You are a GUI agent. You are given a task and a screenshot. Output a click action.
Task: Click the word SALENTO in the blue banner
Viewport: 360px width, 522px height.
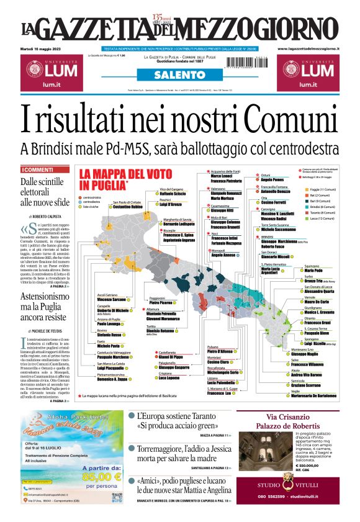click(x=179, y=74)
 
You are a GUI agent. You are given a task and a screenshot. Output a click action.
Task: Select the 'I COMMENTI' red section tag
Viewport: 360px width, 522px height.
click(x=38, y=169)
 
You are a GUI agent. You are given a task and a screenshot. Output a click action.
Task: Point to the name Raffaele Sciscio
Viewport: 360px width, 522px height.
click(x=172, y=194)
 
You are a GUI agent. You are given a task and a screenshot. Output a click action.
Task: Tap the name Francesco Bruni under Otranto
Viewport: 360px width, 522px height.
click(x=317, y=323)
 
